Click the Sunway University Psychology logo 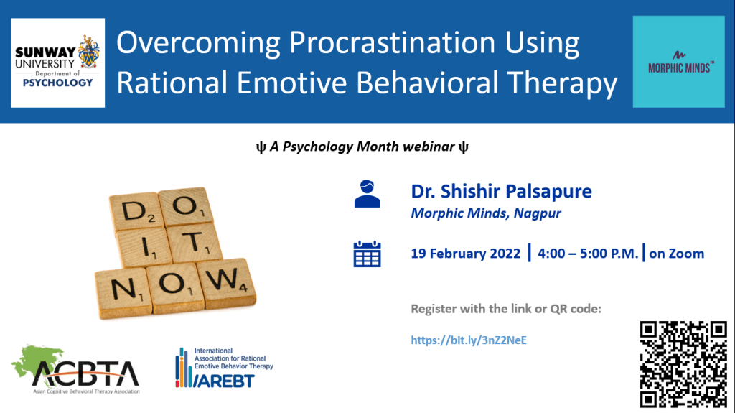58,63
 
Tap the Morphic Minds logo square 678,62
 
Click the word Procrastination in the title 392,42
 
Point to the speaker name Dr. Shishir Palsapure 501,191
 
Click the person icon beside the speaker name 367,193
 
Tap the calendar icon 367,254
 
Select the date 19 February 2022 465,254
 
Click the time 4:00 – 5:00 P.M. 588,254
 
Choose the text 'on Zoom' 676,254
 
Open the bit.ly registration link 469,340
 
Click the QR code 683,364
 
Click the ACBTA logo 76,370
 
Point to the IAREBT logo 224,368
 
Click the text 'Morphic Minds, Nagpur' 486,213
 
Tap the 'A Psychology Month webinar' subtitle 362,147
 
